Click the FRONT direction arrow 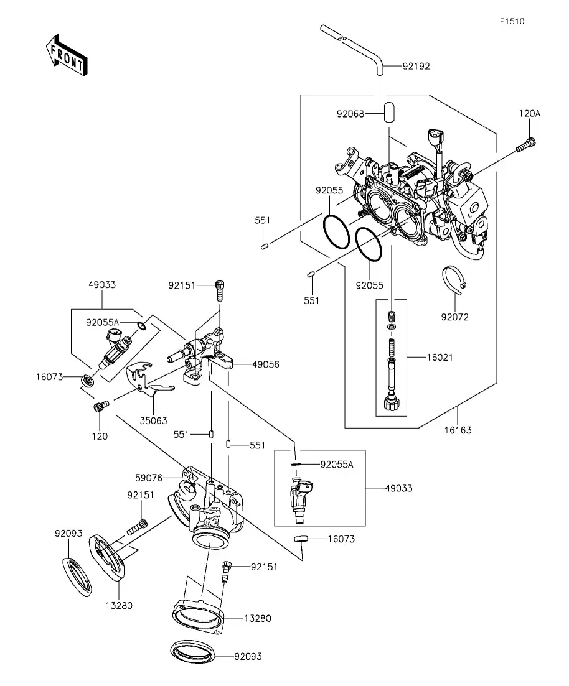pyautogui.click(x=67, y=55)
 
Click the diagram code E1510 pyautogui.click(x=512, y=21)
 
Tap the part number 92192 pyautogui.click(x=416, y=66)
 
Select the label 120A pyautogui.click(x=530, y=113)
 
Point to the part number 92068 pyautogui.click(x=350, y=114)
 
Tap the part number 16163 pyautogui.click(x=458, y=430)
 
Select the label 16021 pyautogui.click(x=440, y=358)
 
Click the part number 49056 pyautogui.click(x=265, y=364)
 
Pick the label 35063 pyautogui.click(x=153, y=420)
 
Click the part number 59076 pyautogui.click(x=149, y=478)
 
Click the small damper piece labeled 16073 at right pyautogui.click(x=301, y=539)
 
